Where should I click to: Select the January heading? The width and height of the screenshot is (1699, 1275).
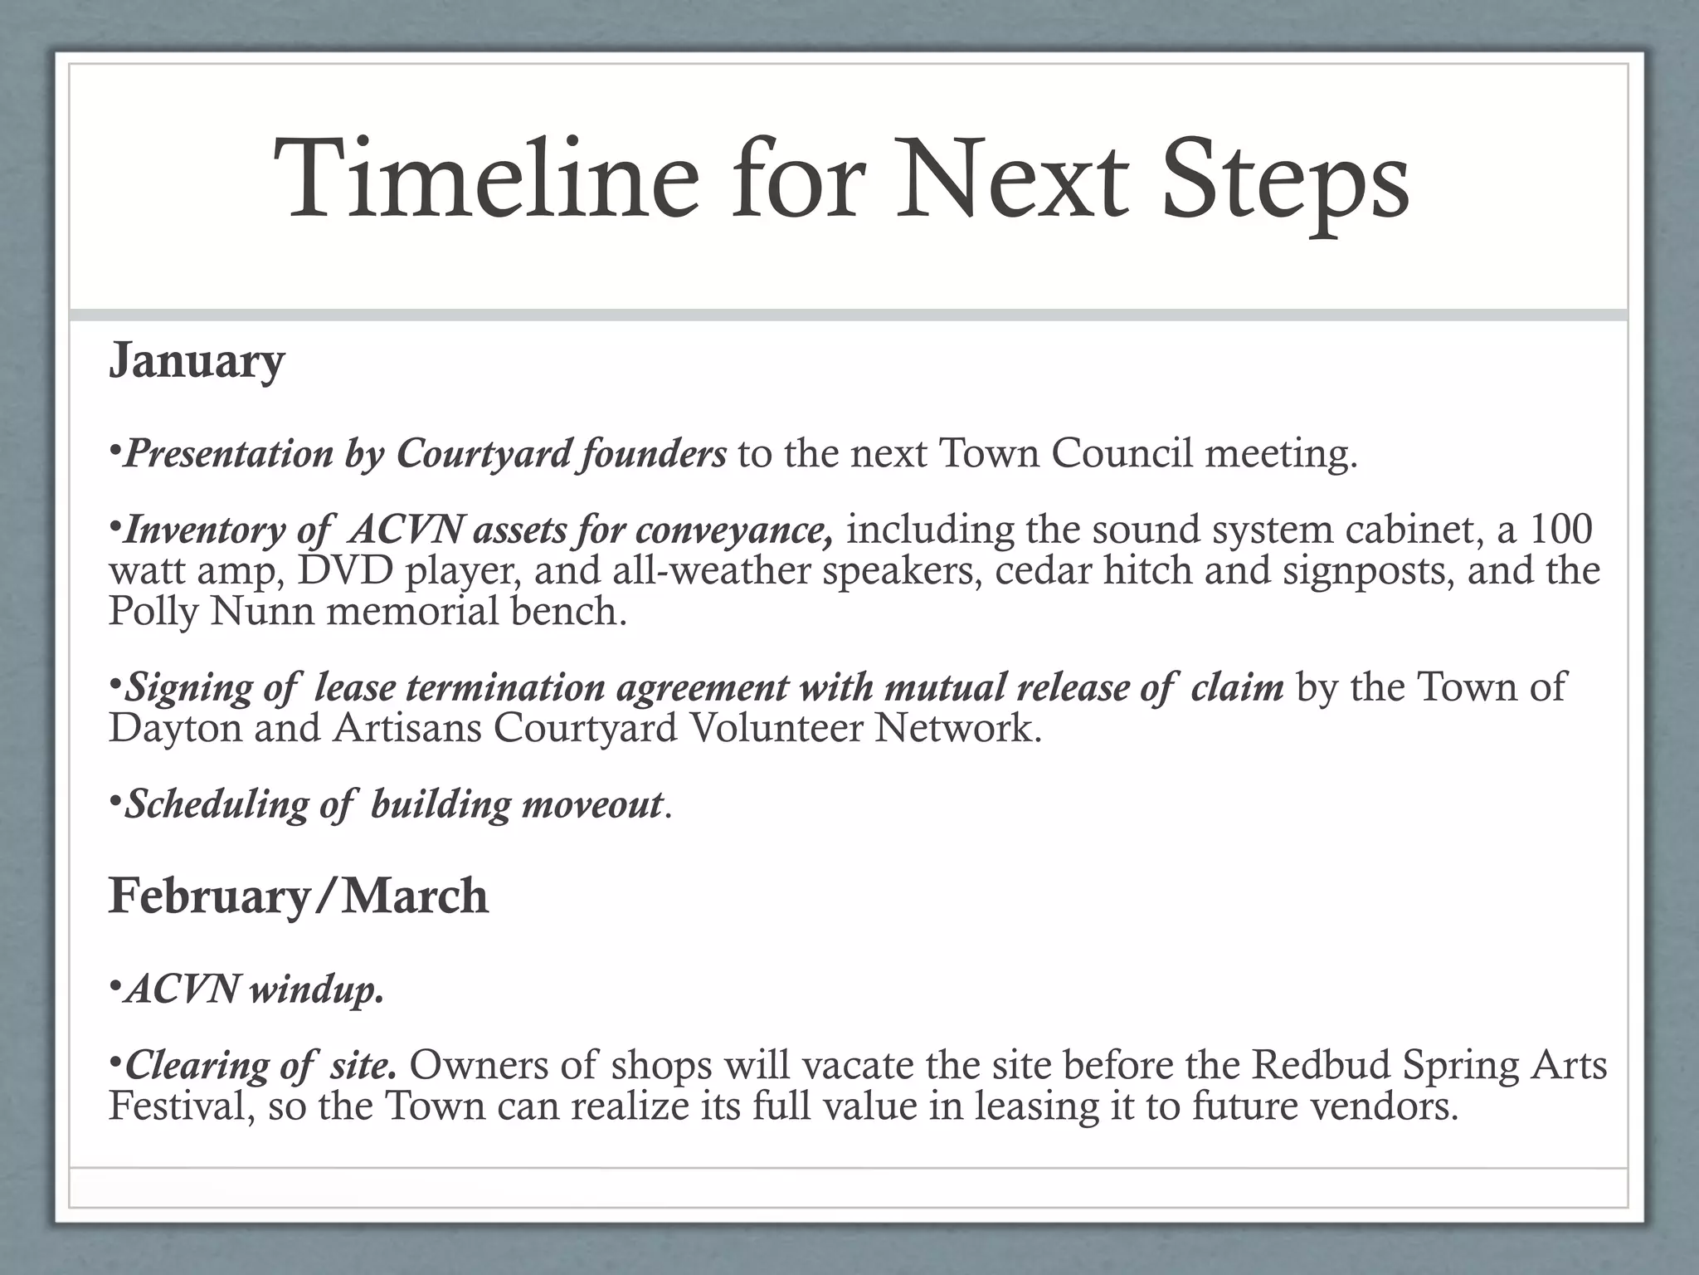[x=197, y=361]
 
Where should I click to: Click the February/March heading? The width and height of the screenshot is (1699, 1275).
[x=299, y=896]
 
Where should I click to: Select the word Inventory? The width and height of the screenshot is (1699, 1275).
[x=204, y=530]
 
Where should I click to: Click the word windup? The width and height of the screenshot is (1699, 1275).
[x=318, y=989]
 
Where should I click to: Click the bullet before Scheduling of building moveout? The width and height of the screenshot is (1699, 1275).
[x=114, y=803]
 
